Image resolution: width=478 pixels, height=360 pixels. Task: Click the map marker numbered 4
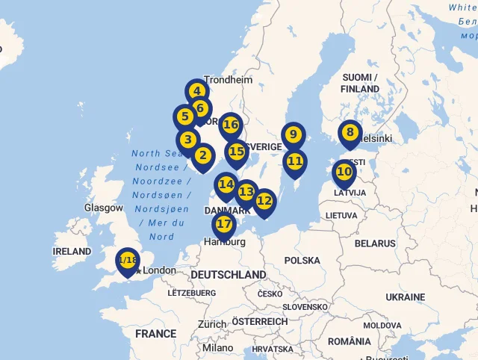[196, 92]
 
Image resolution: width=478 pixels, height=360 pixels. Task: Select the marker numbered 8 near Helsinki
[350, 133]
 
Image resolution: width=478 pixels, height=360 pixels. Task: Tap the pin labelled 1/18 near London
[128, 261]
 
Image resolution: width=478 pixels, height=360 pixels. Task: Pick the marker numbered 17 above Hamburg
[224, 224]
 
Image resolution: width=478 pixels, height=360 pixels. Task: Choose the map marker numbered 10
[344, 172]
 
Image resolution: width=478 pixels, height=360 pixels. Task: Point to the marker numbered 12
[264, 201]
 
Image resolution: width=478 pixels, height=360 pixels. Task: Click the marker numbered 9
[294, 135]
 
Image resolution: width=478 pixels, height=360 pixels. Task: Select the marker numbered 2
[202, 156]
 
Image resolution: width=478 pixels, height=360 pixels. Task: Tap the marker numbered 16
[231, 125]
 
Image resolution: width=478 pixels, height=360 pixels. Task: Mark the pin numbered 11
[295, 161]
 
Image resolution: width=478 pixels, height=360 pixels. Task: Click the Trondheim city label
[228, 79]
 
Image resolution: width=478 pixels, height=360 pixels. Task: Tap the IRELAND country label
[72, 252]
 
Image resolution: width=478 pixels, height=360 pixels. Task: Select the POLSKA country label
[302, 261]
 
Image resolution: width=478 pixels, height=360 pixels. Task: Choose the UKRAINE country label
[406, 297]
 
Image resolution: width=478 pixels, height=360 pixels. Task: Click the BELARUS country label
[375, 243]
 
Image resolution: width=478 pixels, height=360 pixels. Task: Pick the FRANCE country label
[156, 334]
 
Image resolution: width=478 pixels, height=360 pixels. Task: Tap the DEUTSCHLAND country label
[228, 275]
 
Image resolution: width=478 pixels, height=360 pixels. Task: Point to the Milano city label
[217, 347]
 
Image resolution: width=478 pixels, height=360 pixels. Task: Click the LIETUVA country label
[341, 215]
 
